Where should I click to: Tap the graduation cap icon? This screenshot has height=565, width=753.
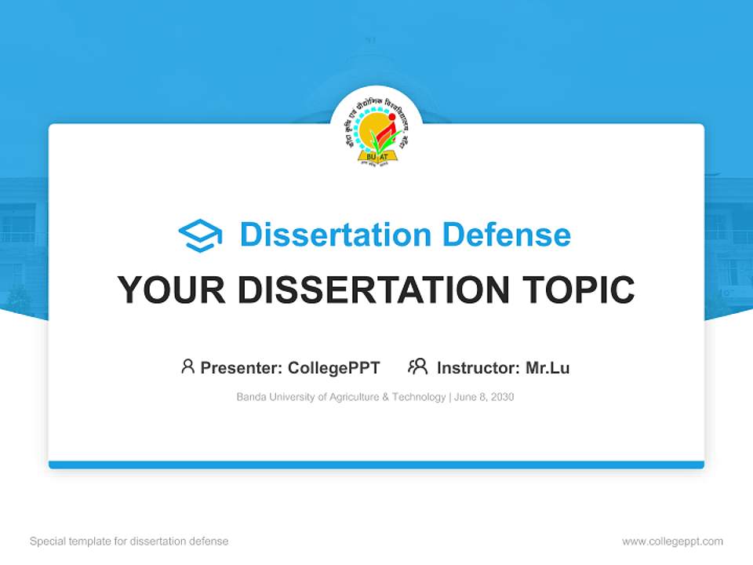tap(200, 235)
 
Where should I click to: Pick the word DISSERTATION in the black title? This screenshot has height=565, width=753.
tap(373, 290)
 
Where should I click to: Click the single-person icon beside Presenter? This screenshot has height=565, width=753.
tap(187, 366)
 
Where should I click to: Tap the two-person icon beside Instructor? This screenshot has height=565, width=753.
tap(417, 366)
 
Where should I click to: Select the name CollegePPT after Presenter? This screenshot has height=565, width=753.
tap(334, 368)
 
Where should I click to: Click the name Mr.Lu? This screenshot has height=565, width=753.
tap(547, 368)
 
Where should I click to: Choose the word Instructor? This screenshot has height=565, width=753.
tap(478, 368)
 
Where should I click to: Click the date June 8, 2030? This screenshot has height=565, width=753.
tap(484, 397)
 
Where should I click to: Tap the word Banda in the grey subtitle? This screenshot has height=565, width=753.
tap(250, 397)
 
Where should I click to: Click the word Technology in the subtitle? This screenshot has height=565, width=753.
tap(418, 397)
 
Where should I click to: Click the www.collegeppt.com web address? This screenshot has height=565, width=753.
tap(672, 541)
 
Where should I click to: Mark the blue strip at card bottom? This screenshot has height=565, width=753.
tap(376, 465)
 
